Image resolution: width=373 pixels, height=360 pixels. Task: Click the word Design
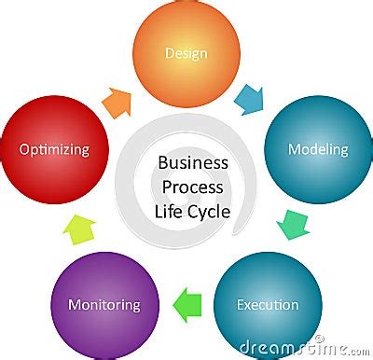coord(186,53)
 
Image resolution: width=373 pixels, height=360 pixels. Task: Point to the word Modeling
coord(318,149)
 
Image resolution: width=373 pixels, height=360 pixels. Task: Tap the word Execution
coord(268,305)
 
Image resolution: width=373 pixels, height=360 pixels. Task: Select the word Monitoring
coord(104,305)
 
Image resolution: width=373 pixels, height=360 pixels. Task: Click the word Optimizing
coord(55,149)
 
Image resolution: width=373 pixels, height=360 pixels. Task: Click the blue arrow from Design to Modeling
coord(251,98)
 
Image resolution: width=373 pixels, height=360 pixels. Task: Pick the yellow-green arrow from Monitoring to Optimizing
coord(79,227)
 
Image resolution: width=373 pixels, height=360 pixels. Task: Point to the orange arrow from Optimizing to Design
coord(117,101)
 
